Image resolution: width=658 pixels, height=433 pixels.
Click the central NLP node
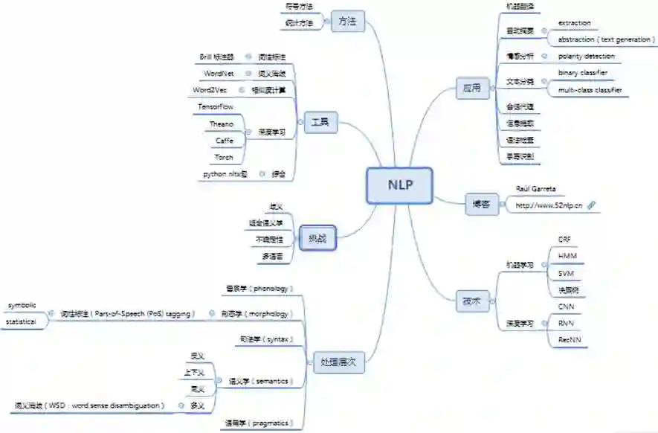point(399,185)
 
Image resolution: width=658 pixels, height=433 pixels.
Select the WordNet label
point(219,74)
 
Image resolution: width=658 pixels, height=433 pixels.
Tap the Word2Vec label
point(209,90)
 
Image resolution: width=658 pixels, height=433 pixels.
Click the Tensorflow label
point(216,107)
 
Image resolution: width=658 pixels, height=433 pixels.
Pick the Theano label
point(222,124)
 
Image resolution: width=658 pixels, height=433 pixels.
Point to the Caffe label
point(224,140)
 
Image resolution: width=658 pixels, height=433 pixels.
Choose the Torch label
point(224,157)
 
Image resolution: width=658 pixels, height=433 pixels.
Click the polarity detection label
point(587,56)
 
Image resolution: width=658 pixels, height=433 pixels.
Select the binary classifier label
point(583,73)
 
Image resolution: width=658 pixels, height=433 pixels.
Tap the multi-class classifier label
point(590,90)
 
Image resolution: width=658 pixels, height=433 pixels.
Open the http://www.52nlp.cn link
point(548,205)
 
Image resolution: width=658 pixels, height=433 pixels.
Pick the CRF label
point(564,240)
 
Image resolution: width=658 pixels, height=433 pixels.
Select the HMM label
point(567,256)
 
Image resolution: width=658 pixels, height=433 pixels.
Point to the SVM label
point(566,273)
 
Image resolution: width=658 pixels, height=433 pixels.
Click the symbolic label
point(22,306)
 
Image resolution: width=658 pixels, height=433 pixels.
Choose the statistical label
point(22,322)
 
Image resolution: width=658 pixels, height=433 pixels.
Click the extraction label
point(574,23)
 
